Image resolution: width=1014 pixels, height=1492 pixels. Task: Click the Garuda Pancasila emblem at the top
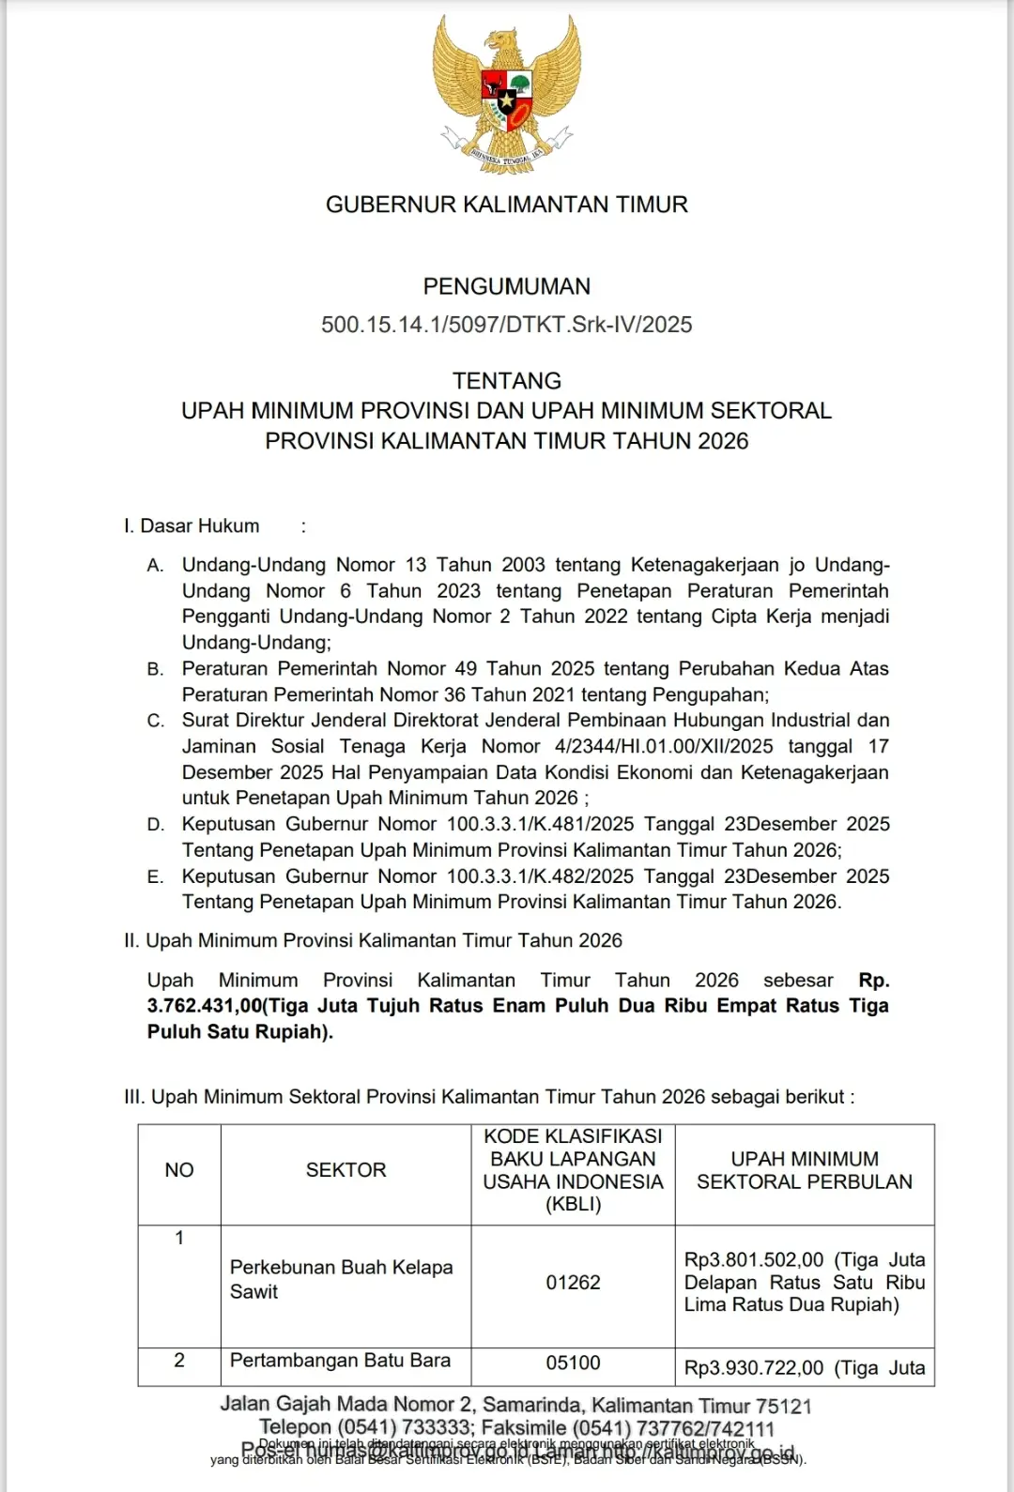[x=507, y=94]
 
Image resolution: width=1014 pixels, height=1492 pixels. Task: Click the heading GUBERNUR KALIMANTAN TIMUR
[x=507, y=205]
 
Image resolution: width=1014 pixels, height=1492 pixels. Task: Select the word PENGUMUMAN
[x=507, y=286]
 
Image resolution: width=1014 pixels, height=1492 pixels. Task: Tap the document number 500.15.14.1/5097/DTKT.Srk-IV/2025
[x=507, y=325]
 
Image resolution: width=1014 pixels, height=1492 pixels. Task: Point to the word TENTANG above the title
[x=507, y=381]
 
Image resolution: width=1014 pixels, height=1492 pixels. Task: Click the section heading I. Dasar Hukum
[x=192, y=526]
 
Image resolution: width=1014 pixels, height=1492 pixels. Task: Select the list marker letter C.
[x=156, y=721]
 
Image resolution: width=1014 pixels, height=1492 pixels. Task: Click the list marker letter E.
[x=156, y=876]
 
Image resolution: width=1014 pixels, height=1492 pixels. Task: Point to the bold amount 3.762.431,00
[x=204, y=1006]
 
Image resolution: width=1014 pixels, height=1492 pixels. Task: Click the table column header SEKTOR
[x=346, y=1170]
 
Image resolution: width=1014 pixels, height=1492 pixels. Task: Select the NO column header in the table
[x=179, y=1170]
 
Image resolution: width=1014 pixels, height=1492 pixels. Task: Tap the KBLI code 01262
[x=573, y=1283]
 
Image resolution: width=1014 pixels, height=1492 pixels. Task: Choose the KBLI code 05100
[x=573, y=1363]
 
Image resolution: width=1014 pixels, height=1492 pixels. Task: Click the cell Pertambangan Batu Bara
[x=340, y=1361]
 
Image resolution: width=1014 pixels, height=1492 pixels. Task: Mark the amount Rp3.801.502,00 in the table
[x=754, y=1260]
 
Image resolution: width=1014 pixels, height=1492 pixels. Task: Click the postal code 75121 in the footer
[x=784, y=1406]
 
